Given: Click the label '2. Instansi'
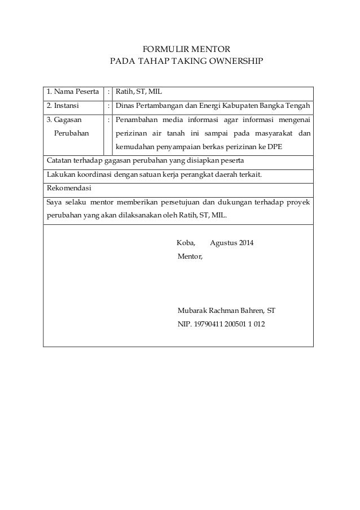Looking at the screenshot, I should pyautogui.click(x=63, y=104).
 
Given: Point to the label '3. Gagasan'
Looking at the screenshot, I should pyautogui.click(x=63, y=119).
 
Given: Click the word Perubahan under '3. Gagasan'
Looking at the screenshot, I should pyautogui.click(x=74, y=133).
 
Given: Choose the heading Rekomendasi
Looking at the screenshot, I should pyautogui.click(x=69, y=188).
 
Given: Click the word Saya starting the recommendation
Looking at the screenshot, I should pyautogui.click(x=55, y=202).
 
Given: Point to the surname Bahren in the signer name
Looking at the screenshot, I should pyautogui.click(x=251, y=311).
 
